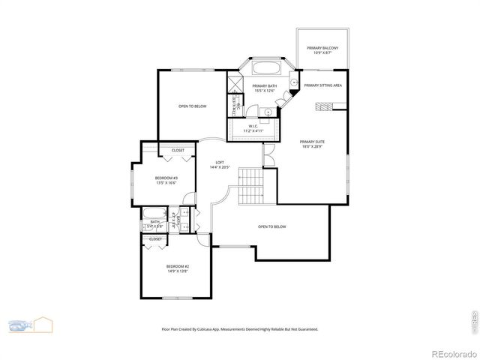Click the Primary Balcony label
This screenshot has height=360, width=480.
click(x=322, y=48)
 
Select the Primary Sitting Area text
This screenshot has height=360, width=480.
click(x=322, y=85)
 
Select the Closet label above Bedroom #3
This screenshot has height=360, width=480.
click(x=178, y=150)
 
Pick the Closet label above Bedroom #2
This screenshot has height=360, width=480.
click(x=155, y=239)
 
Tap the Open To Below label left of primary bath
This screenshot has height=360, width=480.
click(x=192, y=106)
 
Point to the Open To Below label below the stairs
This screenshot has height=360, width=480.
click(x=271, y=226)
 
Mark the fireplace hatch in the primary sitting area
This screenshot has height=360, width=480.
click(x=322, y=107)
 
